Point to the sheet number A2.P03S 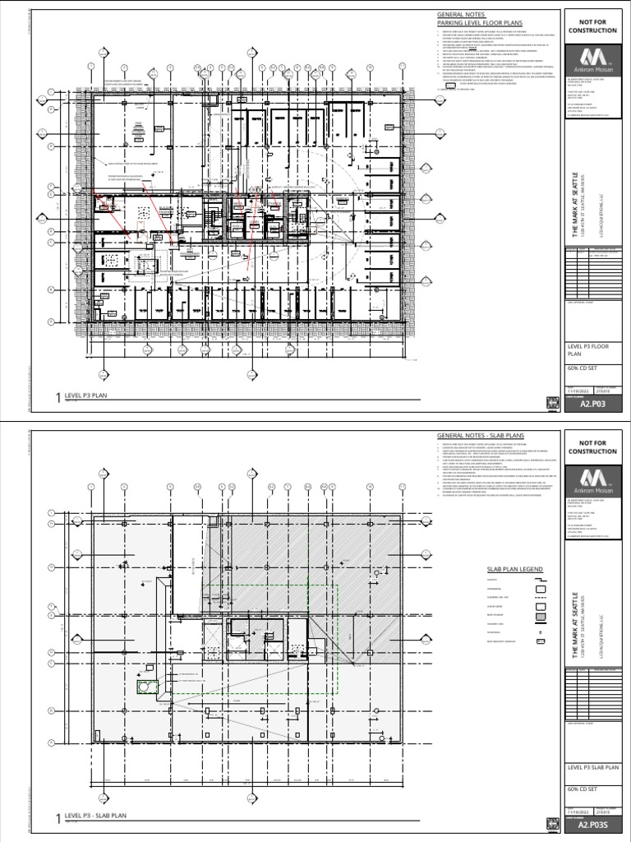pyautogui.click(x=592, y=825)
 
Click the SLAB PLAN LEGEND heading pyautogui.click(x=515, y=569)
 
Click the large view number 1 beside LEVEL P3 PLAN pyautogui.click(x=58, y=399)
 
